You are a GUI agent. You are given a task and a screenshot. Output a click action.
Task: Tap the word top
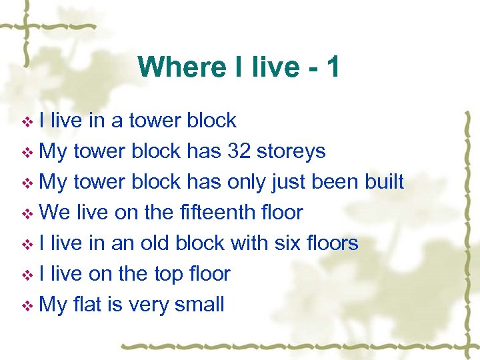pyautogui.click(x=168, y=274)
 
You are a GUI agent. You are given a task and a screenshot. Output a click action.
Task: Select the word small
pyautogui.click(x=199, y=305)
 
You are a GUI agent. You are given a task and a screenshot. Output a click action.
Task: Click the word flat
pyautogui.click(x=87, y=305)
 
